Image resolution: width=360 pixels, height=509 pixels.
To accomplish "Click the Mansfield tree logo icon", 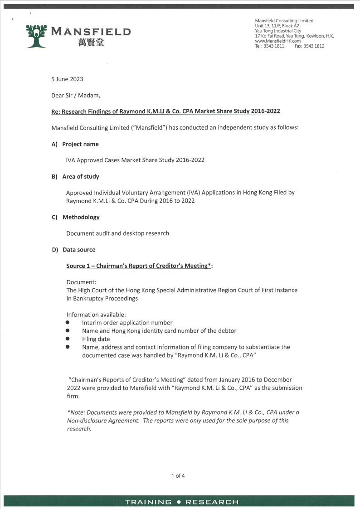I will pos(36,35).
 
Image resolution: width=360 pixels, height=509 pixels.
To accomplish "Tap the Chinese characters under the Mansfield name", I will pos(91,43).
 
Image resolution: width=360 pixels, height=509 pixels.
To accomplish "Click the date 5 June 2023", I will pos(67,79).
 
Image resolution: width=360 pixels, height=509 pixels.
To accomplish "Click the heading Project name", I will pos(80,144).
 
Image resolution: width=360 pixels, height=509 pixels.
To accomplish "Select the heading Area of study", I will pos(81,176).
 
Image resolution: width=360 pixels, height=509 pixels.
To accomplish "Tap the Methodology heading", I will pos(81,217).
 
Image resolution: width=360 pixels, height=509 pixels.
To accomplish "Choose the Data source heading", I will pos(79,250).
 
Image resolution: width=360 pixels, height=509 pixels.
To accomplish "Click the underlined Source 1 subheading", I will pos(139,266).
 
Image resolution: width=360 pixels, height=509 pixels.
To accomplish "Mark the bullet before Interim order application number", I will pos(67,323).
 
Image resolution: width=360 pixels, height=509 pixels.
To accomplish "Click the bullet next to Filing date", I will pos(67,339).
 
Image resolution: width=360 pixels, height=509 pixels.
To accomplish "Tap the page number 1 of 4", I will pos(178,475).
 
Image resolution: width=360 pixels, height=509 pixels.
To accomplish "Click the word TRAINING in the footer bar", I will pos(148,502).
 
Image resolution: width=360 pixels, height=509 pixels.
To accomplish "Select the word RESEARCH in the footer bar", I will pos(212,502).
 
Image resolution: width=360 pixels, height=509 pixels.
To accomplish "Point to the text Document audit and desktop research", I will pos(117,233).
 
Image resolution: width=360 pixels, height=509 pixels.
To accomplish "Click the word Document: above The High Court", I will pos(81,282).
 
